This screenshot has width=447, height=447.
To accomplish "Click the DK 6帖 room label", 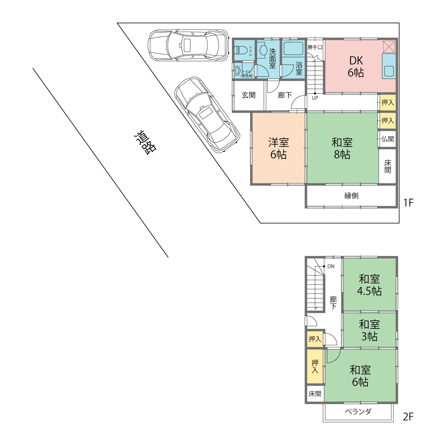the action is pos(356,66).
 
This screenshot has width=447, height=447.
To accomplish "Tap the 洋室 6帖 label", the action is pos(279,148).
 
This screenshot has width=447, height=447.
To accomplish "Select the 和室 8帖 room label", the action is pos(342,148).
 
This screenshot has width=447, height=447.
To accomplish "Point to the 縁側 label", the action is pos(351,196).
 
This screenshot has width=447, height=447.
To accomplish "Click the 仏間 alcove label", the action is pos(388,139).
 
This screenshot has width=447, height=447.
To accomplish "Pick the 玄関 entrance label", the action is pos(249,95).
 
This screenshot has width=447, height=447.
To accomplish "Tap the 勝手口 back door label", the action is pos(315,47).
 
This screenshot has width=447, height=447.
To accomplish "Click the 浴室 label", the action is pos(299,68).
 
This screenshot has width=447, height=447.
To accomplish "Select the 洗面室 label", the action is pos(272,58).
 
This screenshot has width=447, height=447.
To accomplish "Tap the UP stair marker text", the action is pos(315,98).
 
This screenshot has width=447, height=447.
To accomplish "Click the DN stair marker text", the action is pos(331,266).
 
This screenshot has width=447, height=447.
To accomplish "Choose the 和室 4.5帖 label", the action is pos(369,285).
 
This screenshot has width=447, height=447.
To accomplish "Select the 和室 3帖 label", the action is pos(369,330).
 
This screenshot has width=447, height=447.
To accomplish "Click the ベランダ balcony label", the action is pos(358,412).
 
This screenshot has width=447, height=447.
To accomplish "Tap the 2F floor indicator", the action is pos(408,417).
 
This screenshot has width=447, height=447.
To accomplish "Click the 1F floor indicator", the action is pos(408,203).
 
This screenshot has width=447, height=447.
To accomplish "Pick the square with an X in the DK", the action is pos(389,47).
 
